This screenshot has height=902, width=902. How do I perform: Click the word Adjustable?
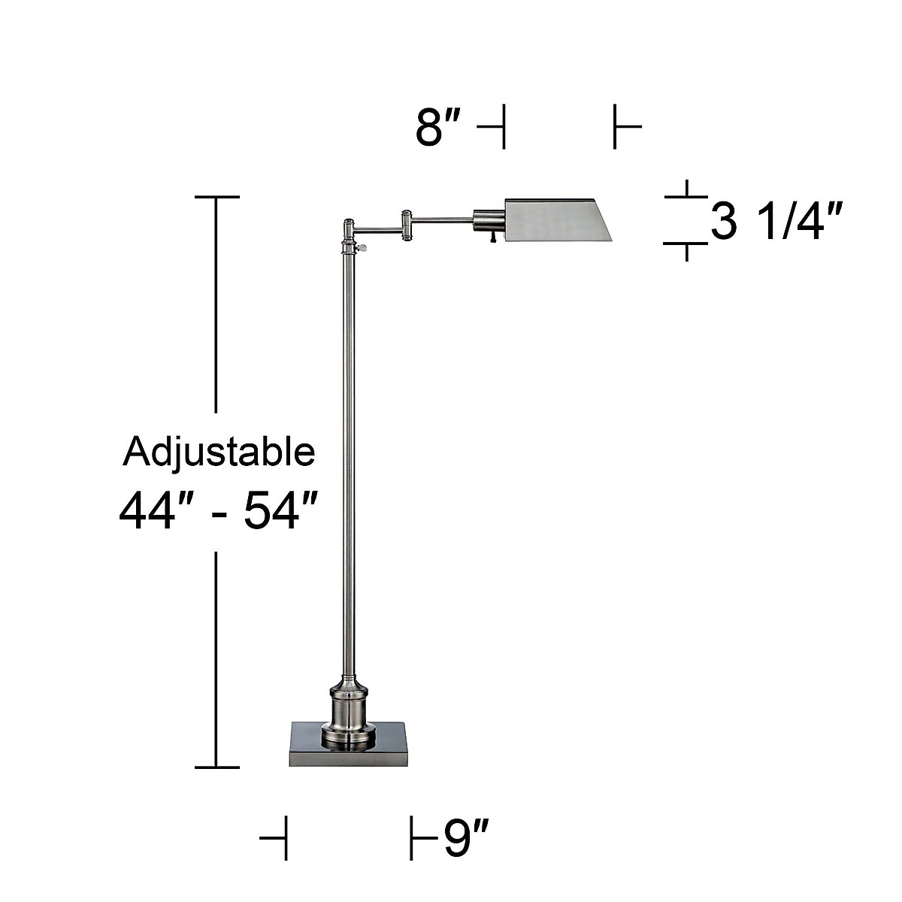click(x=218, y=453)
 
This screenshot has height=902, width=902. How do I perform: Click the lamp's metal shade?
click(x=557, y=220)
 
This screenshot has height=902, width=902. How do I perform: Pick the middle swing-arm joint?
click(x=407, y=225)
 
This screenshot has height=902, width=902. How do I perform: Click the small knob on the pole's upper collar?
click(x=364, y=247)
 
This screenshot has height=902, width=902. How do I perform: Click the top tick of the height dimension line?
click(x=217, y=197)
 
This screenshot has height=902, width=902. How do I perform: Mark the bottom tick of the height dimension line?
click(x=217, y=767)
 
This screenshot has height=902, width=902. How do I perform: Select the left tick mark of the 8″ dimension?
click(x=503, y=127)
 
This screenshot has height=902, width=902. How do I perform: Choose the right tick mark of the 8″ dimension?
click(x=616, y=127)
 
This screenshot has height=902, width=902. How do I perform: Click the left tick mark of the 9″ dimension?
click(x=286, y=837)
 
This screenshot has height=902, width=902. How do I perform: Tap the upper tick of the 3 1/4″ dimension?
click(x=686, y=197)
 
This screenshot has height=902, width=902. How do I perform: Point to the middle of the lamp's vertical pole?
click(x=348, y=466)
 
